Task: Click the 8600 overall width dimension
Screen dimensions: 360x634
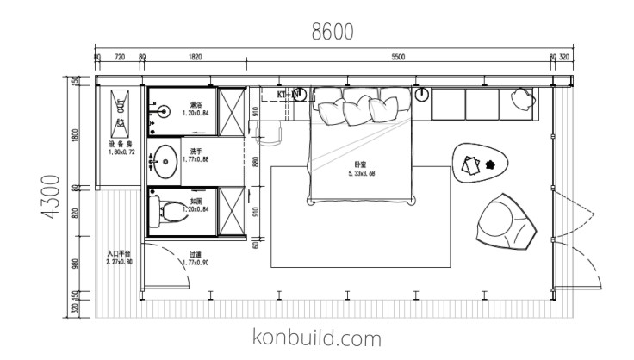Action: pyautogui.click(x=333, y=32)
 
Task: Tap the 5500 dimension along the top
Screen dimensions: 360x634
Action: pyautogui.click(x=397, y=57)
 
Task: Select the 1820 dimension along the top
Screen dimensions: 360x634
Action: pyautogui.click(x=195, y=57)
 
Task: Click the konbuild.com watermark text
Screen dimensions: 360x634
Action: pyautogui.click(x=317, y=337)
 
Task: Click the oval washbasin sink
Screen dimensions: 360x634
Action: pyautogui.click(x=165, y=159)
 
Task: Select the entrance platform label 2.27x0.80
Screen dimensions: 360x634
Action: pyautogui.click(x=119, y=258)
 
